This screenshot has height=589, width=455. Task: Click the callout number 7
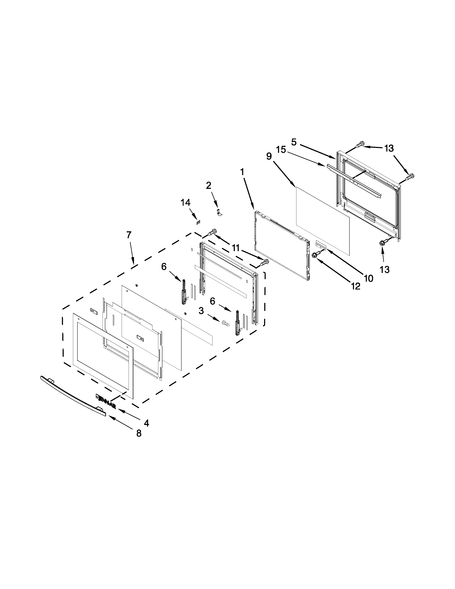(129, 235)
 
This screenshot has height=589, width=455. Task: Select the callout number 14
(185, 203)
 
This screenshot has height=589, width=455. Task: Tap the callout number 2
(209, 186)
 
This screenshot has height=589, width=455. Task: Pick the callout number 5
(294, 142)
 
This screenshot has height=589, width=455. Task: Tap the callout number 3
(201, 311)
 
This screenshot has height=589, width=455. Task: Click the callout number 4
(146, 423)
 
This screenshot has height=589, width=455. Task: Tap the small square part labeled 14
(199, 222)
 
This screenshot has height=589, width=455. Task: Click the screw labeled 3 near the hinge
(225, 323)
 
